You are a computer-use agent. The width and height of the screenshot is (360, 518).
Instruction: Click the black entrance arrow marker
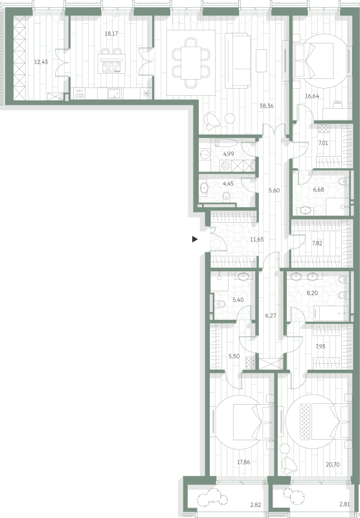point(195,239)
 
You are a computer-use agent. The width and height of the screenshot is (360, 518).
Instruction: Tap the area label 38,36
point(266,106)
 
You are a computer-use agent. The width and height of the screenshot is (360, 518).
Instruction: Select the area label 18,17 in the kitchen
point(111,34)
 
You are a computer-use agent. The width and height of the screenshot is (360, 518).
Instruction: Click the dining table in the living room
point(191,63)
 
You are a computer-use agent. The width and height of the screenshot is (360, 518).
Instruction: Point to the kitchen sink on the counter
point(115,93)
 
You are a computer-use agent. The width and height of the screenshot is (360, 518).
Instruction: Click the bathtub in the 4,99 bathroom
point(226,143)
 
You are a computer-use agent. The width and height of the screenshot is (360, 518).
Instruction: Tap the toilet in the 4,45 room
point(227,196)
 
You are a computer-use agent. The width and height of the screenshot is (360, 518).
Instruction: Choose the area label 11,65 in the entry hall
point(256,240)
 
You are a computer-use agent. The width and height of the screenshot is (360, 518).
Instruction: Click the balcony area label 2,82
point(255,504)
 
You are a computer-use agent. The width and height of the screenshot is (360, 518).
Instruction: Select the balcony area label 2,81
point(344,504)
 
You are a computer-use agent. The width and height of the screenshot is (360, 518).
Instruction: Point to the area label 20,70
point(333,464)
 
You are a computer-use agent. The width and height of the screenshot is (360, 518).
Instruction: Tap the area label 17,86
point(243,462)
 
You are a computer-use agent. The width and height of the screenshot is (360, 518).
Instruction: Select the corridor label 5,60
point(274,190)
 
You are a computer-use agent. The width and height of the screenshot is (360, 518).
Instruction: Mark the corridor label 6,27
point(271,315)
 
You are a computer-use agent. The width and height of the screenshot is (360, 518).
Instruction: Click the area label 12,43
point(41,62)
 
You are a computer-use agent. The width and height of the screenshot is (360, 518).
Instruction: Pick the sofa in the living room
point(238,60)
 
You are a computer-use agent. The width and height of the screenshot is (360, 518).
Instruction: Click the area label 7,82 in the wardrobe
point(317,243)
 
